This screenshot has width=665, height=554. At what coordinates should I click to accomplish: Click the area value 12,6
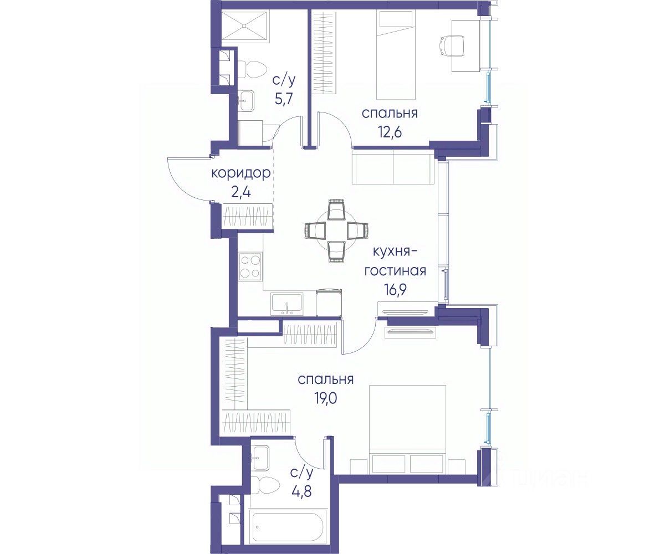[x=390, y=131]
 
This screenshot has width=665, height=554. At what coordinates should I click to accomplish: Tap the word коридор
[x=241, y=173]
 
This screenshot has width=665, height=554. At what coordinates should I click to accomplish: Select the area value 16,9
[x=395, y=289]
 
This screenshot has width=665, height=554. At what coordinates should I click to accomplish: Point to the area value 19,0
[x=326, y=398]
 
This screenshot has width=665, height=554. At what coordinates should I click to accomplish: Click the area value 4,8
[x=301, y=491]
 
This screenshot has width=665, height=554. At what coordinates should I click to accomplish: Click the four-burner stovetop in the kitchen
[x=250, y=267]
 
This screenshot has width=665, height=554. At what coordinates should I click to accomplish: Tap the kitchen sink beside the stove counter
[x=287, y=304]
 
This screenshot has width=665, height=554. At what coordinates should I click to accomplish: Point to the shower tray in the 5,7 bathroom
[x=244, y=27]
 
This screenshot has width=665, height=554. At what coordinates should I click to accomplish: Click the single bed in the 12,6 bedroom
[x=396, y=54]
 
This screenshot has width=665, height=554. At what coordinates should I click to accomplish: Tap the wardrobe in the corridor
[x=248, y=217]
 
